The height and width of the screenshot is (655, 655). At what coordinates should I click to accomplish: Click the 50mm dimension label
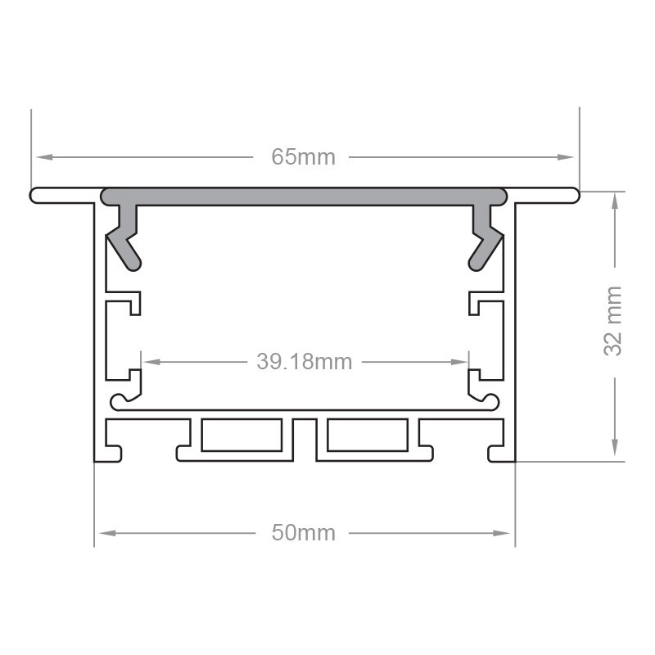click(x=304, y=533)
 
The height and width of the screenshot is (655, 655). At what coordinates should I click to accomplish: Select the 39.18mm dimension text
click(x=304, y=361)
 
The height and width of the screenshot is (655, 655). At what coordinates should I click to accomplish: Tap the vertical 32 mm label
click(x=613, y=320)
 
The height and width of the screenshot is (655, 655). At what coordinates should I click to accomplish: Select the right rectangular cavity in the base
click(x=367, y=436)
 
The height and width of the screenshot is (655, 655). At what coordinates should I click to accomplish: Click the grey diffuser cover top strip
click(x=304, y=196)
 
